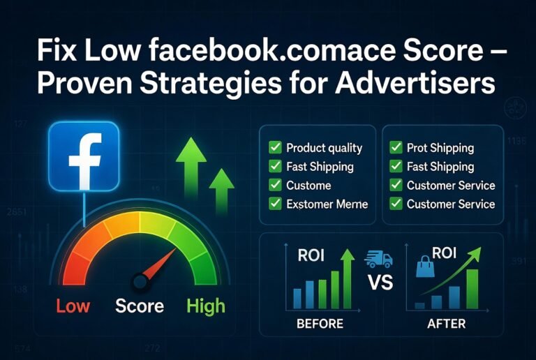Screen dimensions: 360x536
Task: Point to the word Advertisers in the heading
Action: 416,84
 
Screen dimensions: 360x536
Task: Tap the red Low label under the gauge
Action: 73,306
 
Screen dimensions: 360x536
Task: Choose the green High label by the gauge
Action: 206,306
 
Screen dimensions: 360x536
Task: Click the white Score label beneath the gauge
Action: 140,306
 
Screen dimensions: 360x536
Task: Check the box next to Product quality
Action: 274,148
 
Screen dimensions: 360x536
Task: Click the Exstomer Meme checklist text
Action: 327,204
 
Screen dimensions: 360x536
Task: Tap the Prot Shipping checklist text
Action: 440,148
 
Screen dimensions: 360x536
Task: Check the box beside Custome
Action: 274,186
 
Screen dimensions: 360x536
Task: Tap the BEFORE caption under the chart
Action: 320,324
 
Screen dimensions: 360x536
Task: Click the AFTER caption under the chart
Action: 447,324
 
